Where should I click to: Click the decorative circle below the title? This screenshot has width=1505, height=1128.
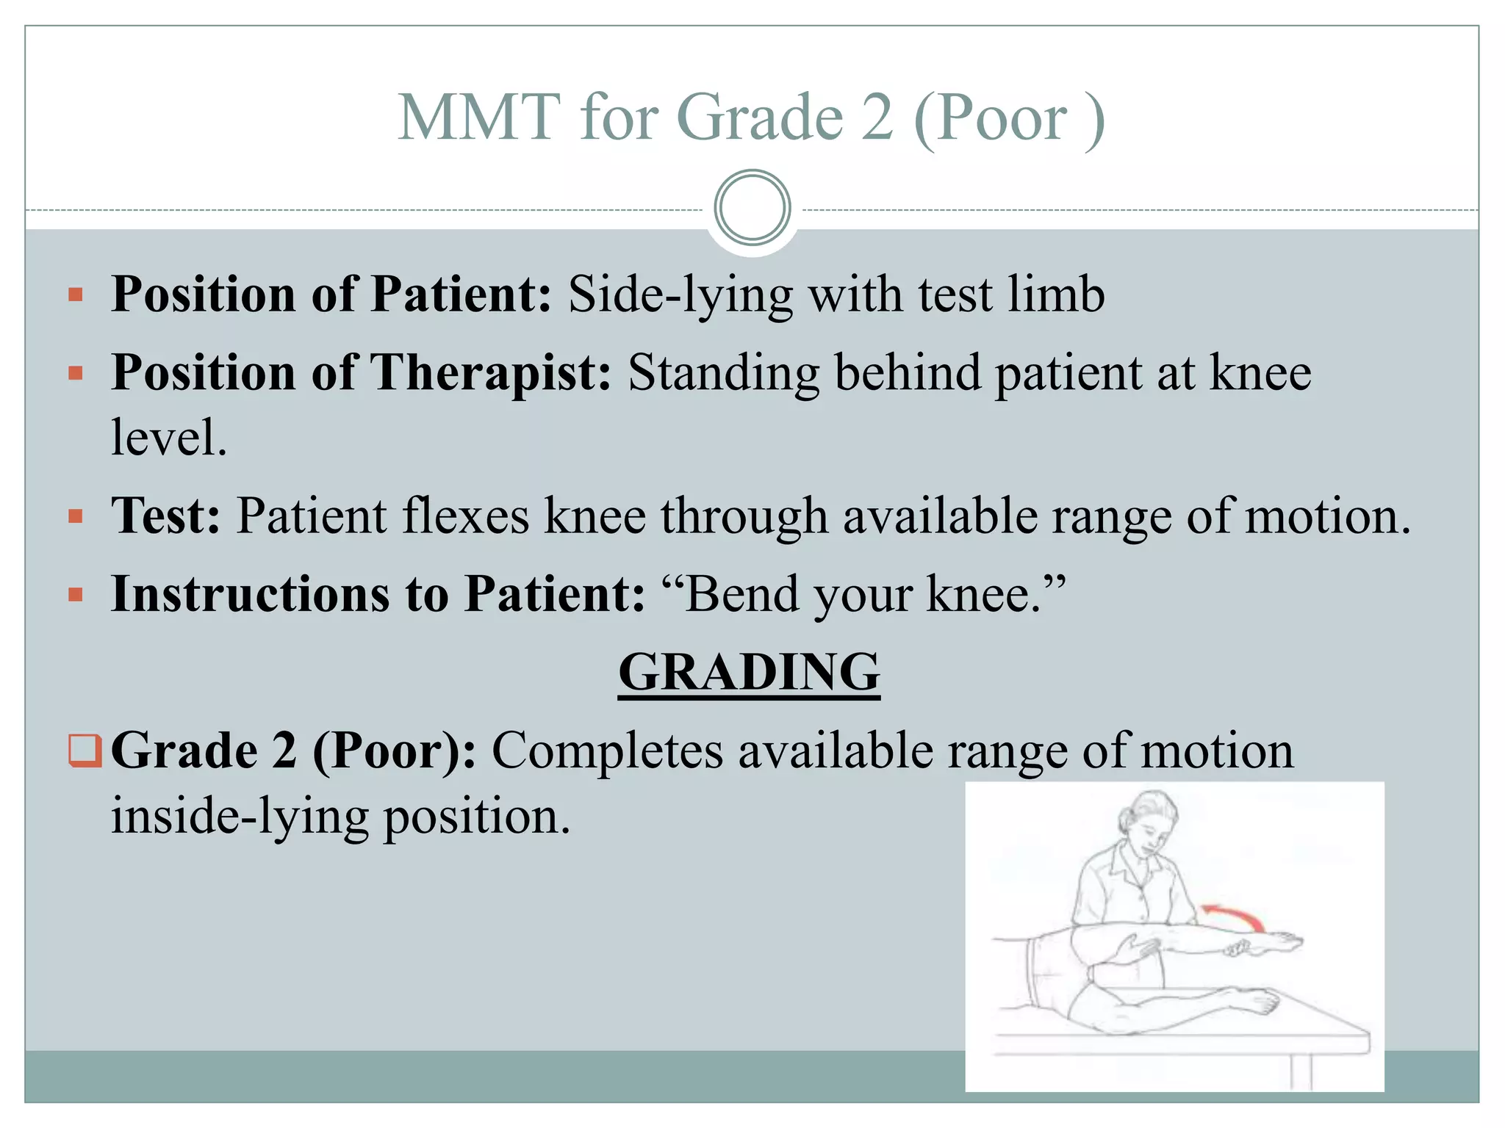[752, 208]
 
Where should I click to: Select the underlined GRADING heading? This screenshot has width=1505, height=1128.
[749, 672]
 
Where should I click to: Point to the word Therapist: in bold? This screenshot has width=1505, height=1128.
[489, 372]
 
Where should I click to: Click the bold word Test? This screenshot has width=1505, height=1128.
[165, 516]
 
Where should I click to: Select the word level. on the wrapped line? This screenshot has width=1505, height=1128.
[168, 438]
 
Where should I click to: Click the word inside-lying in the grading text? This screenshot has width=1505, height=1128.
[240, 817]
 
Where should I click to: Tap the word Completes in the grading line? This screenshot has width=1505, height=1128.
[607, 751]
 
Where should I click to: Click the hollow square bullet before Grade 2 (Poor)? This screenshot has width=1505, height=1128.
[83, 751]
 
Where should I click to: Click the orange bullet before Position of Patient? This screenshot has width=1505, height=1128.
[76, 296]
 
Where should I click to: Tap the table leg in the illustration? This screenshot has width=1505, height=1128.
[1300, 1072]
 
